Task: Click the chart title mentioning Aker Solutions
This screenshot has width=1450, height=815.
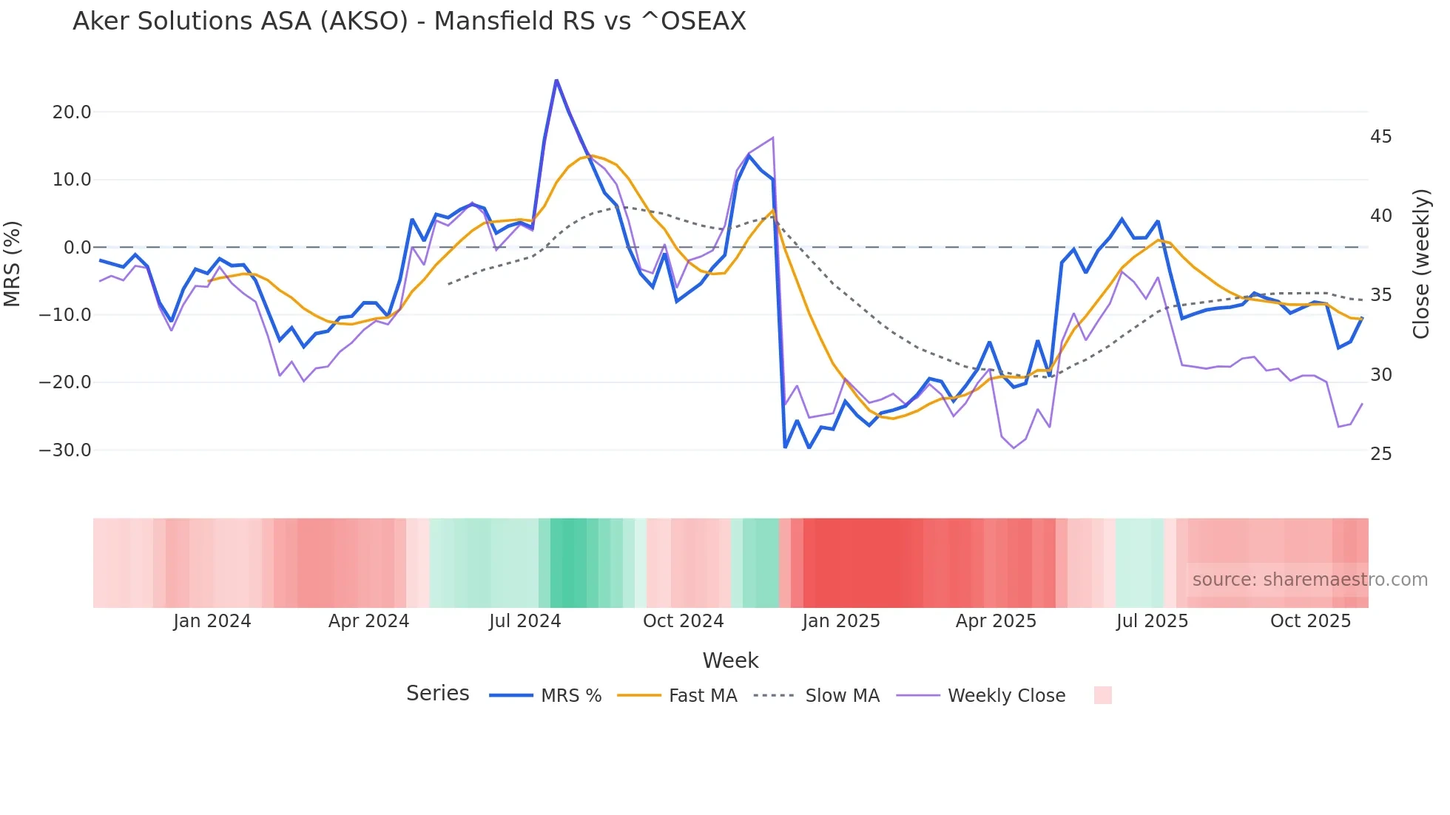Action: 409,21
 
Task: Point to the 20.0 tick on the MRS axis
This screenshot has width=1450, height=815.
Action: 72,112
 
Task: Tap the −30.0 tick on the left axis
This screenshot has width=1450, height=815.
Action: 65,450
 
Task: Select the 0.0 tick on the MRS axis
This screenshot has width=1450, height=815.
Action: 77,248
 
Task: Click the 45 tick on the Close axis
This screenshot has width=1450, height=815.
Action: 1380,137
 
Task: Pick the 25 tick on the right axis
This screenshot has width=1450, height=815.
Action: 1380,454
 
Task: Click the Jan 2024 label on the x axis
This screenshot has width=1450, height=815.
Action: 212,621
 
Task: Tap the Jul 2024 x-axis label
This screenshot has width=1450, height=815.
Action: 525,621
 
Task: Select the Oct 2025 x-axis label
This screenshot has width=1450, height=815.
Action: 1310,621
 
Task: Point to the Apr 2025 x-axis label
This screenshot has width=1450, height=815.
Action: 996,621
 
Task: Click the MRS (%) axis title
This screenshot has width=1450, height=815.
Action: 13,263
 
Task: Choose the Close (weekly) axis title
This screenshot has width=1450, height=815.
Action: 1420,264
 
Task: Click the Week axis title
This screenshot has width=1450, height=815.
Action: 730,660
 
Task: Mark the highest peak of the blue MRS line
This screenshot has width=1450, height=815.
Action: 556,80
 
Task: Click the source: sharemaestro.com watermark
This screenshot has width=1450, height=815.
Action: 1309,580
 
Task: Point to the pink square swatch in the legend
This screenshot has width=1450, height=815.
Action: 1102,695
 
